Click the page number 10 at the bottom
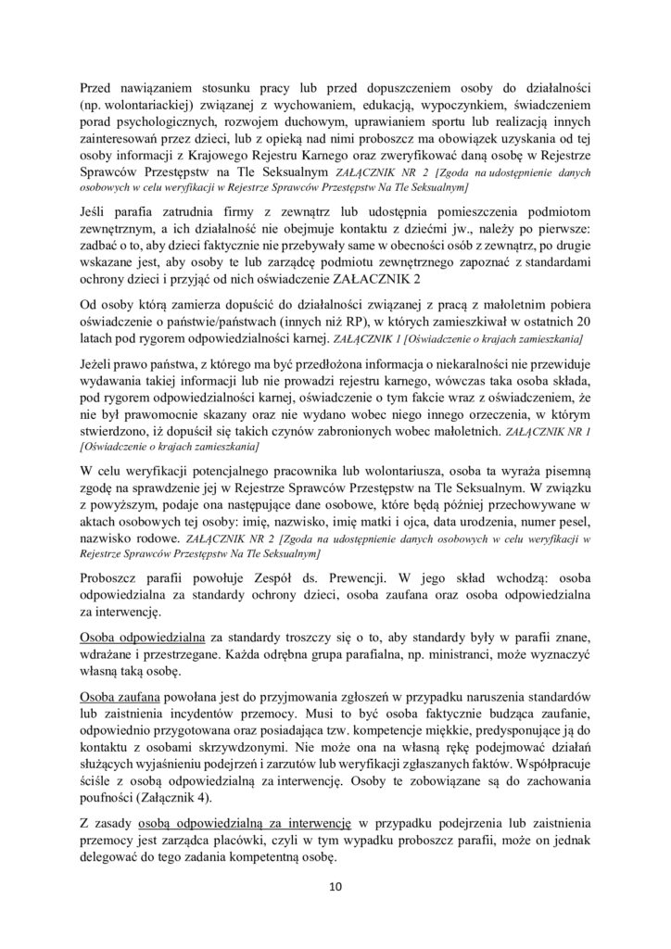335,886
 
